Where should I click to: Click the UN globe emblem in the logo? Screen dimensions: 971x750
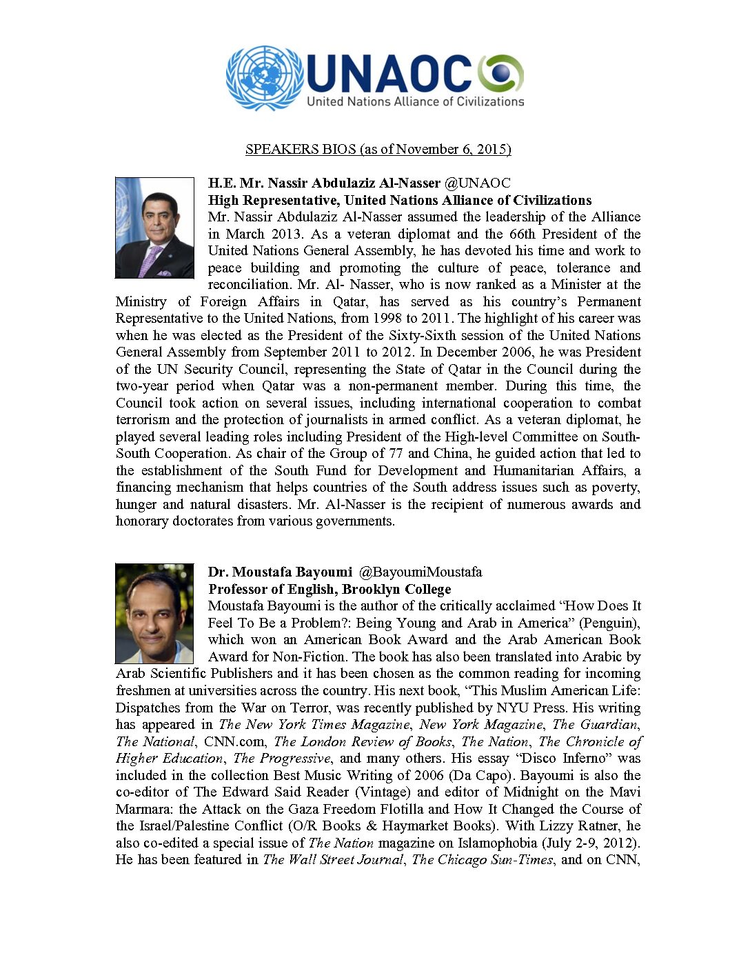(265, 77)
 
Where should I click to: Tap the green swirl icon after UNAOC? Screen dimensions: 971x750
(501, 73)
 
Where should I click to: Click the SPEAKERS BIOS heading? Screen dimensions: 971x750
(378, 149)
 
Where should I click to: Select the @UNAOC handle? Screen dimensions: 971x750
(477, 183)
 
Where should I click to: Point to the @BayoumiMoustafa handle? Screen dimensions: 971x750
(420, 572)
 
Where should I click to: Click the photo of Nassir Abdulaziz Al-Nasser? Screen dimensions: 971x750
(154, 228)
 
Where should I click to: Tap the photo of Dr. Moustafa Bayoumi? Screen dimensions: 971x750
(154, 613)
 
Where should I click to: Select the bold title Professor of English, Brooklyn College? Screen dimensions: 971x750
(330, 589)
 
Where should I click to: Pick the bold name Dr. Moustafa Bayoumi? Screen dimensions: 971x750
(280, 572)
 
